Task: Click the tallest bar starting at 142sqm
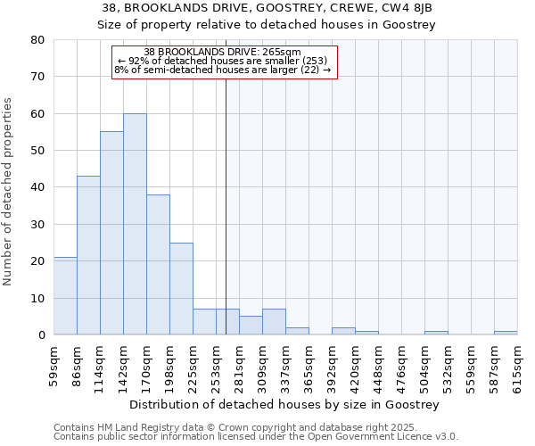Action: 135,224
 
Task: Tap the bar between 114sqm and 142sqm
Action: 111,233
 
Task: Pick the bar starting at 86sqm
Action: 88,255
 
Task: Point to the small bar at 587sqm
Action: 506,333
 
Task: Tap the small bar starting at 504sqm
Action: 436,333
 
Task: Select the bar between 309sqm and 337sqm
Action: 274,322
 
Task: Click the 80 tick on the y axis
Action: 37,40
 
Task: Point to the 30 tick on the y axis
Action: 37,224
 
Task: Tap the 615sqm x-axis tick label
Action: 518,363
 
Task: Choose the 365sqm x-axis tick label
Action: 309,363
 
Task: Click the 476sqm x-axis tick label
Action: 402,363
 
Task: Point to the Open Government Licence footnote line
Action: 256,437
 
